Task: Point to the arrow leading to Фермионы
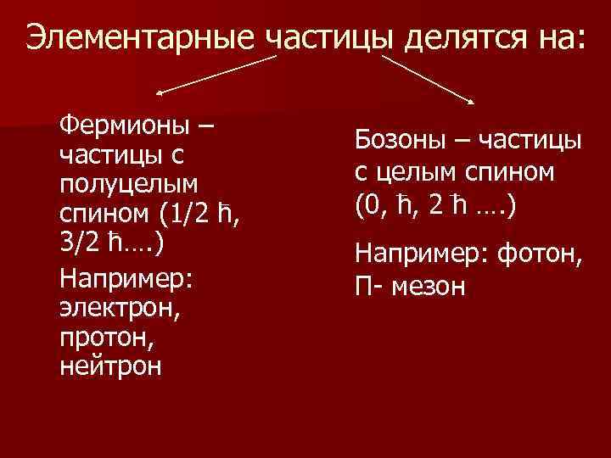tap(216, 74)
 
